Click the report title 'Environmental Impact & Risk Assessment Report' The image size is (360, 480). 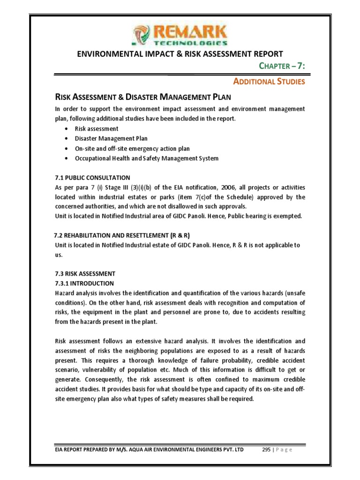tap(180, 54)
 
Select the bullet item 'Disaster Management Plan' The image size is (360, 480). tap(111, 138)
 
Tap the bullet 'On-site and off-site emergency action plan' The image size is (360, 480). tap(132, 149)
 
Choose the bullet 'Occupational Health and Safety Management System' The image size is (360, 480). tap(146, 158)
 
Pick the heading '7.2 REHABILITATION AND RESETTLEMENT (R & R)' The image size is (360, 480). tap(122, 235)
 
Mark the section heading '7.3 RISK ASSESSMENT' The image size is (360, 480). tap(85, 273)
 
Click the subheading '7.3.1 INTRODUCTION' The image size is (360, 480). tap(84, 283)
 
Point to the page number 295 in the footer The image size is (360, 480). tap(268, 450)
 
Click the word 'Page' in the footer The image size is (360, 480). tap(284, 450)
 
